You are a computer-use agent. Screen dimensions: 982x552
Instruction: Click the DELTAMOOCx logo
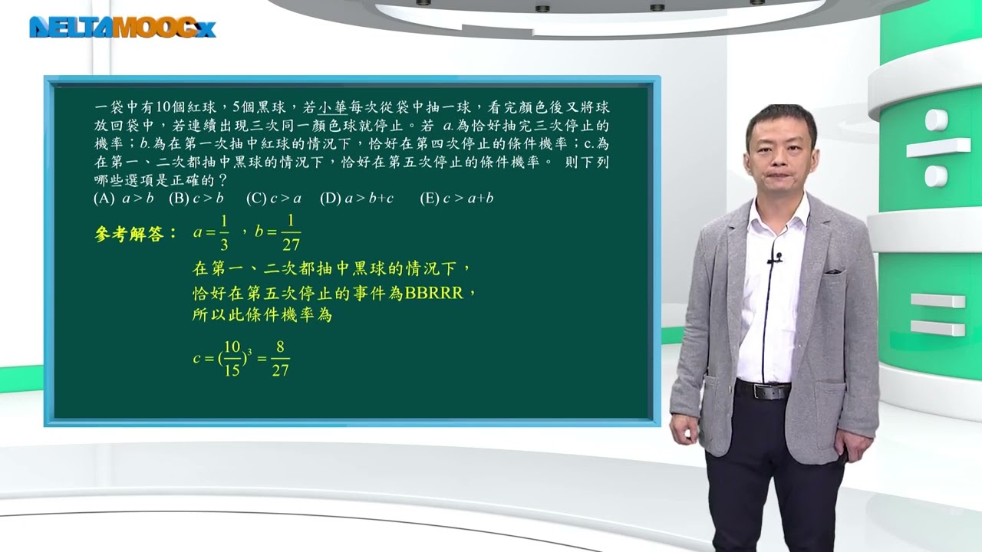pyautogui.click(x=122, y=27)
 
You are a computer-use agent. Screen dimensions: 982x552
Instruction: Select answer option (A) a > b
pyautogui.click(x=124, y=199)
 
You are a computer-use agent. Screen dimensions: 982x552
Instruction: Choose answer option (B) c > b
pyautogui.click(x=196, y=199)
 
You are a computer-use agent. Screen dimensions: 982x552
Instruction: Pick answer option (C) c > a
pyautogui.click(x=274, y=199)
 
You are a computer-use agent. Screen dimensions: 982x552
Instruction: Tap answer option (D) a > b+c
pyautogui.click(x=357, y=199)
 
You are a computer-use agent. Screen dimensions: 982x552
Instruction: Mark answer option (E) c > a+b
pyautogui.click(x=456, y=199)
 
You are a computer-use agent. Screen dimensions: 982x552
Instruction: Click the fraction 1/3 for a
pyautogui.click(x=224, y=232)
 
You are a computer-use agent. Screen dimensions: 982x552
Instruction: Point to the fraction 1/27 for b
pyautogui.click(x=291, y=232)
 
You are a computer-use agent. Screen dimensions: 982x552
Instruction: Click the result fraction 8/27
pyautogui.click(x=280, y=358)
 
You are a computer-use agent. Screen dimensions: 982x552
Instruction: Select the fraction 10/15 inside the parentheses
pyautogui.click(x=232, y=358)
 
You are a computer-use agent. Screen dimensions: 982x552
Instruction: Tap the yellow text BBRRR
pyautogui.click(x=433, y=293)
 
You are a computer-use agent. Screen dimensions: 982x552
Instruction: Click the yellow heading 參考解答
pyautogui.click(x=129, y=235)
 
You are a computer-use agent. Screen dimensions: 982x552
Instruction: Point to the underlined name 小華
pyautogui.click(x=332, y=107)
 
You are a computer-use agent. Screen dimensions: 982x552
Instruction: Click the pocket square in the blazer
pyautogui.click(x=833, y=271)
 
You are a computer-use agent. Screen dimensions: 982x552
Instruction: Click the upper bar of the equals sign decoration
pyautogui.click(x=938, y=301)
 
